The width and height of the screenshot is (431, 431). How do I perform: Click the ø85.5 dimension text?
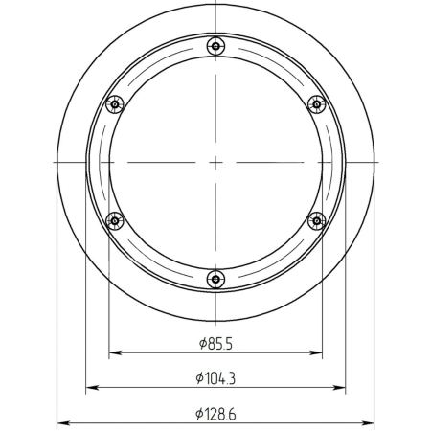[x=215, y=344]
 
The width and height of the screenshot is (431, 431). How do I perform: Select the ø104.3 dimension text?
[x=215, y=378]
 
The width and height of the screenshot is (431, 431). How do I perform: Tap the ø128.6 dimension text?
[x=215, y=414]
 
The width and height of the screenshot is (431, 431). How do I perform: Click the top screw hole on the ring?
[x=215, y=46]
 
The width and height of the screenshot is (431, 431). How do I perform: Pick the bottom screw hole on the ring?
[x=215, y=280]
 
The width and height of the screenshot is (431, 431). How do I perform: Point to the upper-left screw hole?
[x=115, y=104]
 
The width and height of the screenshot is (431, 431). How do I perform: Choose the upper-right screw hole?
[x=317, y=104]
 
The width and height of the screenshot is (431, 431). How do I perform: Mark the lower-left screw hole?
[x=115, y=221]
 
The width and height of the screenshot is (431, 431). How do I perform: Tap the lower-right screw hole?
[x=317, y=221]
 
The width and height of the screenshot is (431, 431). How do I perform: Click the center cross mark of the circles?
[x=215, y=163]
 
